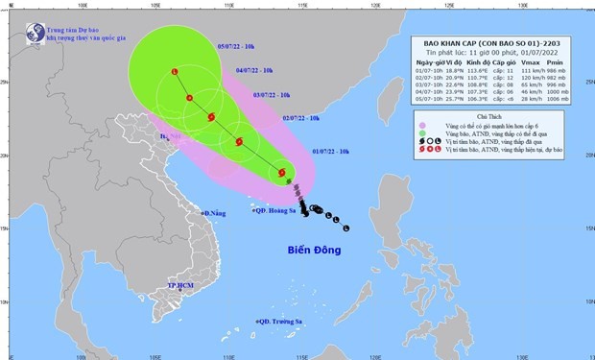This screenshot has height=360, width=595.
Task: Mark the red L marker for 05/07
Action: pos(174,72)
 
